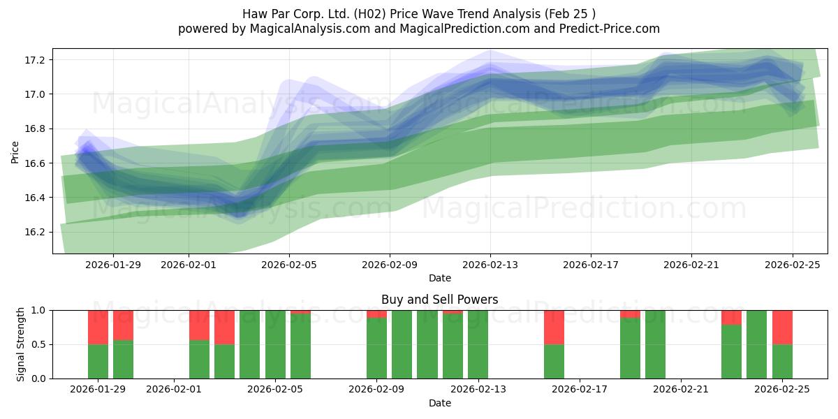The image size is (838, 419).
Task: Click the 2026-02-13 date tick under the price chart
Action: click(x=490, y=265)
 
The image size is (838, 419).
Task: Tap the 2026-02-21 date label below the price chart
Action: click(x=691, y=265)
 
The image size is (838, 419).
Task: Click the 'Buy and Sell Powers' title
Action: click(x=439, y=300)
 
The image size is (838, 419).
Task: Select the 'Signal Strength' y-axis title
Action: click(x=21, y=344)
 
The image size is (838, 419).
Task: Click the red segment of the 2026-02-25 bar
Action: click(x=782, y=327)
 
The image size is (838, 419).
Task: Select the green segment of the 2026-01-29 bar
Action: click(x=98, y=361)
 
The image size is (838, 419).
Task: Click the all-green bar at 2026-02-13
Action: click(x=478, y=344)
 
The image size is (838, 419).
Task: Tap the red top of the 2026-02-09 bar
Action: click(x=376, y=314)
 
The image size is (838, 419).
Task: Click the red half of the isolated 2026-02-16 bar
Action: click(x=554, y=327)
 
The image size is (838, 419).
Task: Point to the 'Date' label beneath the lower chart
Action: click(x=439, y=403)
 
